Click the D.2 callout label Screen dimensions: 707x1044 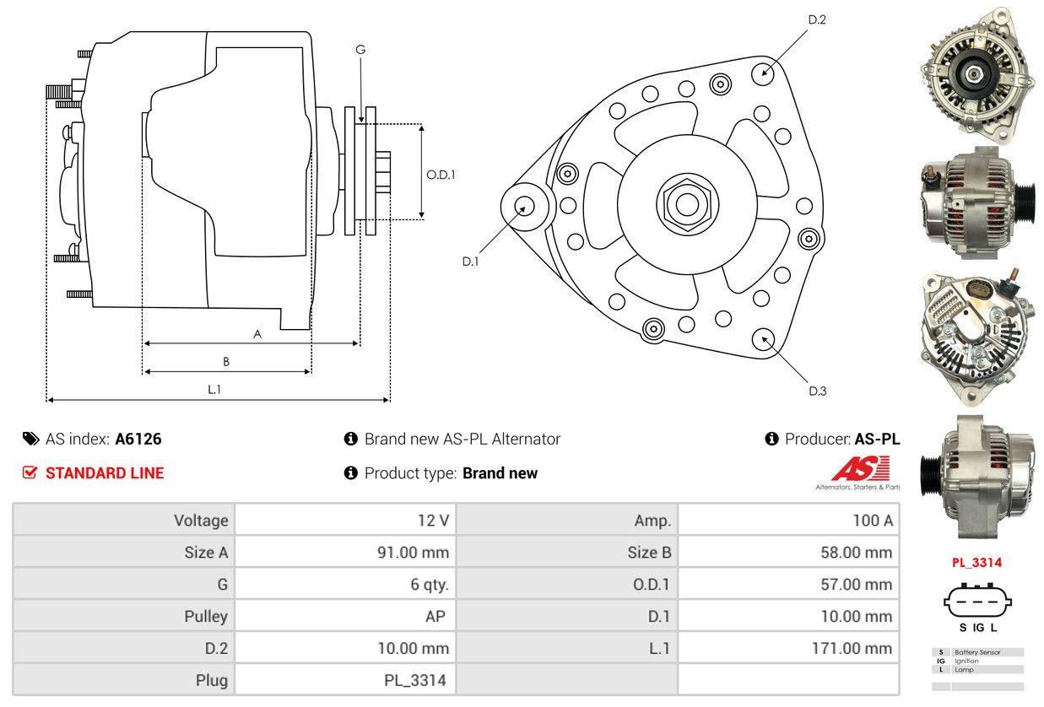[816, 19]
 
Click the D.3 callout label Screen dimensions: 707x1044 [817, 391]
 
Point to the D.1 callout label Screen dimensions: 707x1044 [470, 262]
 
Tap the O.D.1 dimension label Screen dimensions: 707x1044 [441, 175]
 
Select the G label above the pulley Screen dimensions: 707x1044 [360, 50]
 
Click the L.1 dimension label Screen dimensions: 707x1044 [214, 389]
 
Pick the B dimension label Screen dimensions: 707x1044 [226, 361]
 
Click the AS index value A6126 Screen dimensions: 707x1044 [138, 439]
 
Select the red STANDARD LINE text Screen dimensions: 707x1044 [105, 473]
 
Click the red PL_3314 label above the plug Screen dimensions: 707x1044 [977, 563]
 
